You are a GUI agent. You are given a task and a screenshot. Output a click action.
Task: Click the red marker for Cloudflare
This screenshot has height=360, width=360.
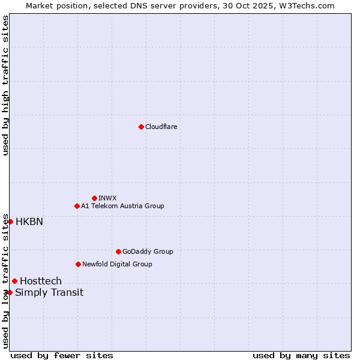pyautogui.click(x=141, y=127)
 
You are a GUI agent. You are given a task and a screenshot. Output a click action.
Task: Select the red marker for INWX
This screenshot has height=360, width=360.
pyautogui.click(x=94, y=198)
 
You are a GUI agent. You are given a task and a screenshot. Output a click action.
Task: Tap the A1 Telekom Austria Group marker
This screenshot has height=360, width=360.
pyautogui.click(x=77, y=206)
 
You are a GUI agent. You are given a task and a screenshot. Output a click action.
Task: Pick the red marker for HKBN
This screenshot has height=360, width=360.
pyautogui.click(x=10, y=221)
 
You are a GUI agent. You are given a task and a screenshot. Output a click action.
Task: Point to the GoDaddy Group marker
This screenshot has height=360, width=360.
pyautogui.click(x=118, y=251)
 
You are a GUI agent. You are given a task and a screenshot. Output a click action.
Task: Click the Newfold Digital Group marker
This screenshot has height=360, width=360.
pyautogui.click(x=78, y=264)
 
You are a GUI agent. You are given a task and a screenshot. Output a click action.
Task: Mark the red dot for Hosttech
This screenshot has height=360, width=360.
pyautogui.click(x=14, y=281)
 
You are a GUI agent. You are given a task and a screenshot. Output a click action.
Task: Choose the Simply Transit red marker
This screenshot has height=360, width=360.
pyautogui.click(x=10, y=292)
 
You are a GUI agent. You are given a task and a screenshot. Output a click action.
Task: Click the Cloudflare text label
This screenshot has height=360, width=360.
pyautogui.click(x=161, y=127)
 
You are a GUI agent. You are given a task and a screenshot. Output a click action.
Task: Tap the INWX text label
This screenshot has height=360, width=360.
pyautogui.click(x=108, y=198)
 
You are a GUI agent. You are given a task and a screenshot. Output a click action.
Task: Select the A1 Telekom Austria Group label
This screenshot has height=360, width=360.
pyautogui.click(x=122, y=206)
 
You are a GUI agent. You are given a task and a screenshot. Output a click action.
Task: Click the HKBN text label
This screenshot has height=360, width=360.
pyautogui.click(x=29, y=221)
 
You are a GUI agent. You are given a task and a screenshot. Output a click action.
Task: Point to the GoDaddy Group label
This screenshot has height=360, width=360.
pyautogui.click(x=148, y=251)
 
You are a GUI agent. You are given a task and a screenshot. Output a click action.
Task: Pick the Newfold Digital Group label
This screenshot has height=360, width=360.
pyautogui.click(x=117, y=264)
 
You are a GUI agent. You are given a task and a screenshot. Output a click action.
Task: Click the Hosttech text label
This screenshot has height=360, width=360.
pyautogui.click(x=41, y=281)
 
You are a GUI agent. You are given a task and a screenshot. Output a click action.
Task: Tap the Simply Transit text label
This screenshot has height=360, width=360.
pyautogui.click(x=49, y=292)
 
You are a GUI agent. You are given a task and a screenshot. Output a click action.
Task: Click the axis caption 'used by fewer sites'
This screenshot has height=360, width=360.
pyautogui.click(x=62, y=355)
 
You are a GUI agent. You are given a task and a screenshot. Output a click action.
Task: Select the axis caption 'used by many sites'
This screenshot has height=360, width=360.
pyautogui.click(x=301, y=355)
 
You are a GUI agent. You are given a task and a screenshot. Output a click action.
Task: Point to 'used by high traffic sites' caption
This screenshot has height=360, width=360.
pyautogui.click(x=5, y=85)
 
